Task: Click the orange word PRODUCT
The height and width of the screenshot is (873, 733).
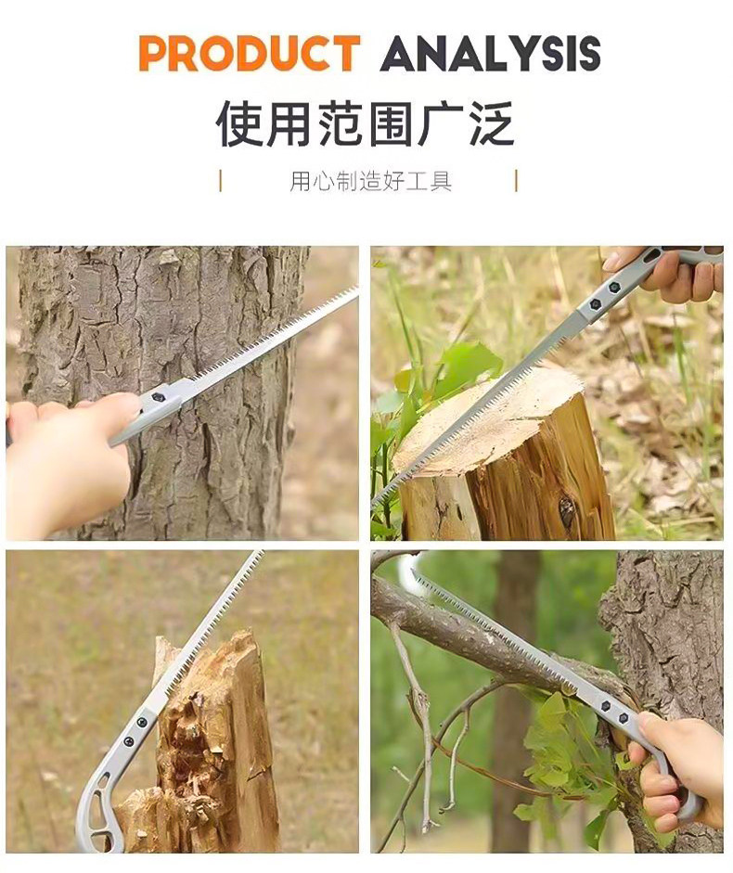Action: pyautogui.click(x=250, y=53)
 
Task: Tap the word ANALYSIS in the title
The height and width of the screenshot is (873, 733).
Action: pyautogui.click(x=490, y=53)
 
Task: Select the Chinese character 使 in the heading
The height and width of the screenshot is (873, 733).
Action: pyautogui.click(x=239, y=123)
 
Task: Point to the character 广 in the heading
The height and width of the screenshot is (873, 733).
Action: pyautogui.click(x=441, y=123)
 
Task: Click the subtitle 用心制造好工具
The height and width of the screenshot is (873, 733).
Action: pyautogui.click(x=370, y=181)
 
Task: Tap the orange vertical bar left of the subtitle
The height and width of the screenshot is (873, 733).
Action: pyautogui.click(x=221, y=181)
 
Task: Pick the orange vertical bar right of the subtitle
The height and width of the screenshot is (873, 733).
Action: pyautogui.click(x=516, y=181)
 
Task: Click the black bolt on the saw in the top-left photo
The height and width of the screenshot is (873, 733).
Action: pyautogui.click(x=158, y=397)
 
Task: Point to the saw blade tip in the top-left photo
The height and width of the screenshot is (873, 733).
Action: pyautogui.click(x=355, y=289)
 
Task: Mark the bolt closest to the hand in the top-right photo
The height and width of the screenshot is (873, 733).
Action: pyautogui.click(x=614, y=288)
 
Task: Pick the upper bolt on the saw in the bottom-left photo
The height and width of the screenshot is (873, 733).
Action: pyautogui.click(x=142, y=722)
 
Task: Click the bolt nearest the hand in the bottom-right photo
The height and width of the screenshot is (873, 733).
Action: pyautogui.click(x=624, y=718)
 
